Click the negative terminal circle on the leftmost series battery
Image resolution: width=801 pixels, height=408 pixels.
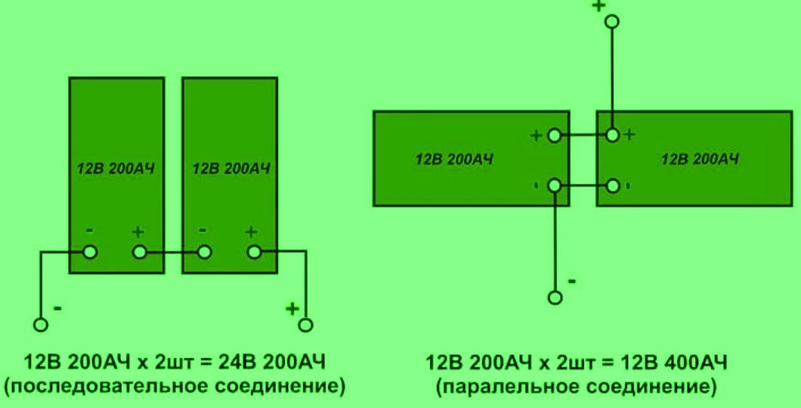click(90, 252)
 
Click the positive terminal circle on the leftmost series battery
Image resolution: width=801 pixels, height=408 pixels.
click(139, 252)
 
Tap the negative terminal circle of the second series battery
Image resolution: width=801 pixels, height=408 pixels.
click(203, 252)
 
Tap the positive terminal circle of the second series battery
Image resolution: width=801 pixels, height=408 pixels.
click(253, 252)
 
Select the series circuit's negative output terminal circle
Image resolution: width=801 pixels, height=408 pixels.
click(41, 325)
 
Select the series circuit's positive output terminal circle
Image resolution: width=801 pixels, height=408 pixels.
click(305, 325)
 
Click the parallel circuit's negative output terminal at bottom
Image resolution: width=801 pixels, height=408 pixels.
click(555, 297)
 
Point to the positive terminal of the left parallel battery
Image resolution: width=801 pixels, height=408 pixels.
click(555, 136)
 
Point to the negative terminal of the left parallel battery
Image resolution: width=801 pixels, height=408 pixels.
click(555, 185)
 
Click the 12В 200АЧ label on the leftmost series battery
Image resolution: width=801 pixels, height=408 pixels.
click(116, 169)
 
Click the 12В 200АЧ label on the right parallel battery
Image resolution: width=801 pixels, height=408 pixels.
click(700, 159)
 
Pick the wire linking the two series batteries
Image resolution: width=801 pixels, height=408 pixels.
click(172, 252)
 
